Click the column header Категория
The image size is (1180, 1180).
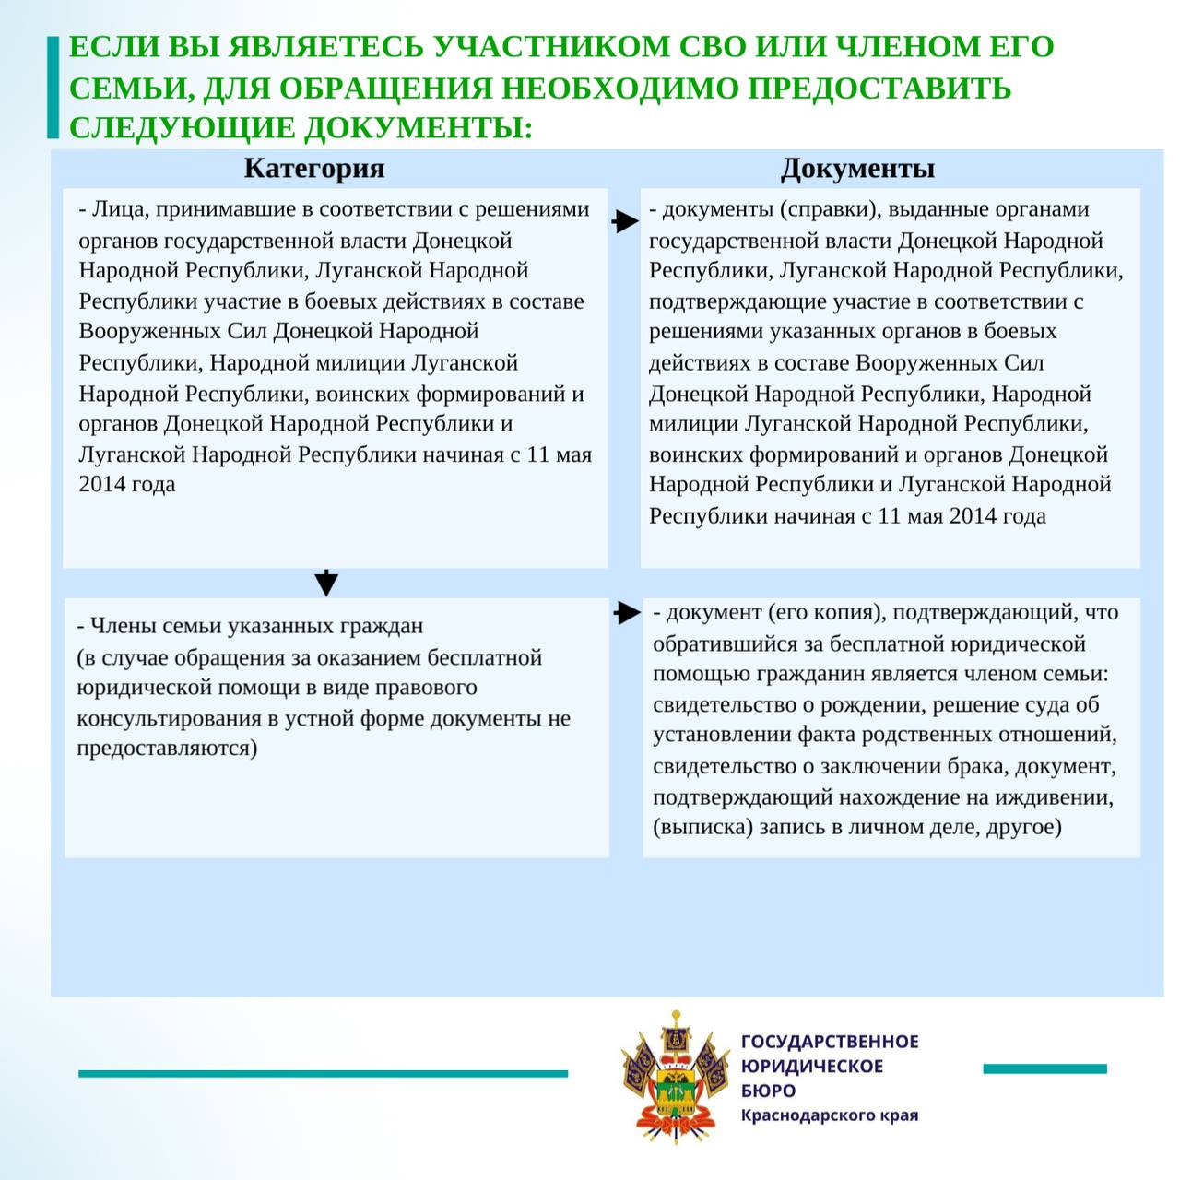click(x=314, y=169)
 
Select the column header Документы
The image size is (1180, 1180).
click(x=857, y=169)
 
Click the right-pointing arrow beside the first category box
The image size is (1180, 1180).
click(x=625, y=221)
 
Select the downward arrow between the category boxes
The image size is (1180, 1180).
click(x=326, y=583)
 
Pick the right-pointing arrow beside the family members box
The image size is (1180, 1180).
click(x=627, y=613)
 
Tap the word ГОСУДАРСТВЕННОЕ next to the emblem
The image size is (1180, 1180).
click(x=830, y=1042)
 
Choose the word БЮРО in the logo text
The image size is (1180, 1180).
click(x=768, y=1091)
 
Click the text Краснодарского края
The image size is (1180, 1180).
click(x=830, y=1115)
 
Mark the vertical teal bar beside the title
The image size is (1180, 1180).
click(x=53, y=88)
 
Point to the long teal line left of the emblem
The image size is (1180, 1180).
click(x=323, y=1073)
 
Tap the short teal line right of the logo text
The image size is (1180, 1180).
click(x=1044, y=1069)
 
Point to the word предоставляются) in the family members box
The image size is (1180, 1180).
click(x=167, y=748)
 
